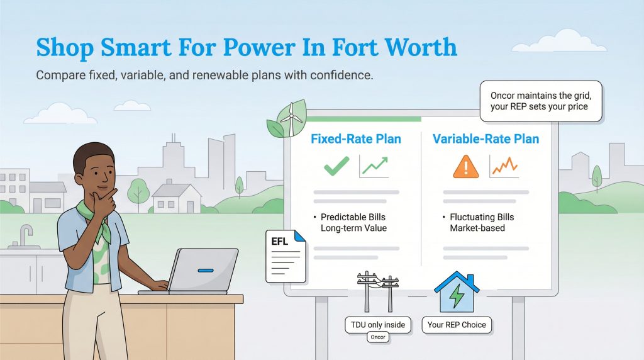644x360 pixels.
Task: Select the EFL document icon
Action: pyautogui.click(x=285, y=256)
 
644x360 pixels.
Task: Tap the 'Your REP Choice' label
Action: pyautogui.click(x=457, y=325)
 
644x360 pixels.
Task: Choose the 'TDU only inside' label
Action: pyautogui.click(x=378, y=325)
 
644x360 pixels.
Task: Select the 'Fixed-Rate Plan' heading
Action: pyautogui.click(x=355, y=138)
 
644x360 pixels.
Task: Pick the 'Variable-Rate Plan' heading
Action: pyautogui.click(x=486, y=138)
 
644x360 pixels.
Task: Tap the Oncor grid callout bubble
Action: pyautogui.click(x=540, y=101)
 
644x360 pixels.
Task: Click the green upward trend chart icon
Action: pyautogui.click(x=374, y=166)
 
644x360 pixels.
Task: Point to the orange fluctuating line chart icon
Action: pyautogui.click(x=504, y=166)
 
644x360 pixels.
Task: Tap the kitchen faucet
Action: pyautogui.click(x=25, y=236)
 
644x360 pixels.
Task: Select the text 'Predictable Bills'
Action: pyautogui.click(x=355, y=217)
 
